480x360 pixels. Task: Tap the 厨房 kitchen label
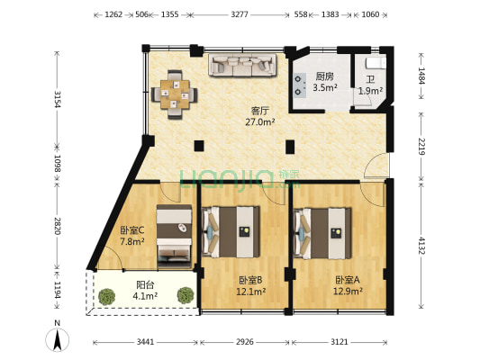[324, 76]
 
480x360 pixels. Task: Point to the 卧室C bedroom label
[132, 229]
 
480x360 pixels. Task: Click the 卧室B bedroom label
[250, 280]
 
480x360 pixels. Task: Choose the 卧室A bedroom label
[348, 280]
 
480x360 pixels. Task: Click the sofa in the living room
[241, 66]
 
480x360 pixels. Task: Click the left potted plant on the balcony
[107, 295]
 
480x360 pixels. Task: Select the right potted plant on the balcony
[185, 294]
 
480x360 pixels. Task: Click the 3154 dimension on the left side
[57, 99]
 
